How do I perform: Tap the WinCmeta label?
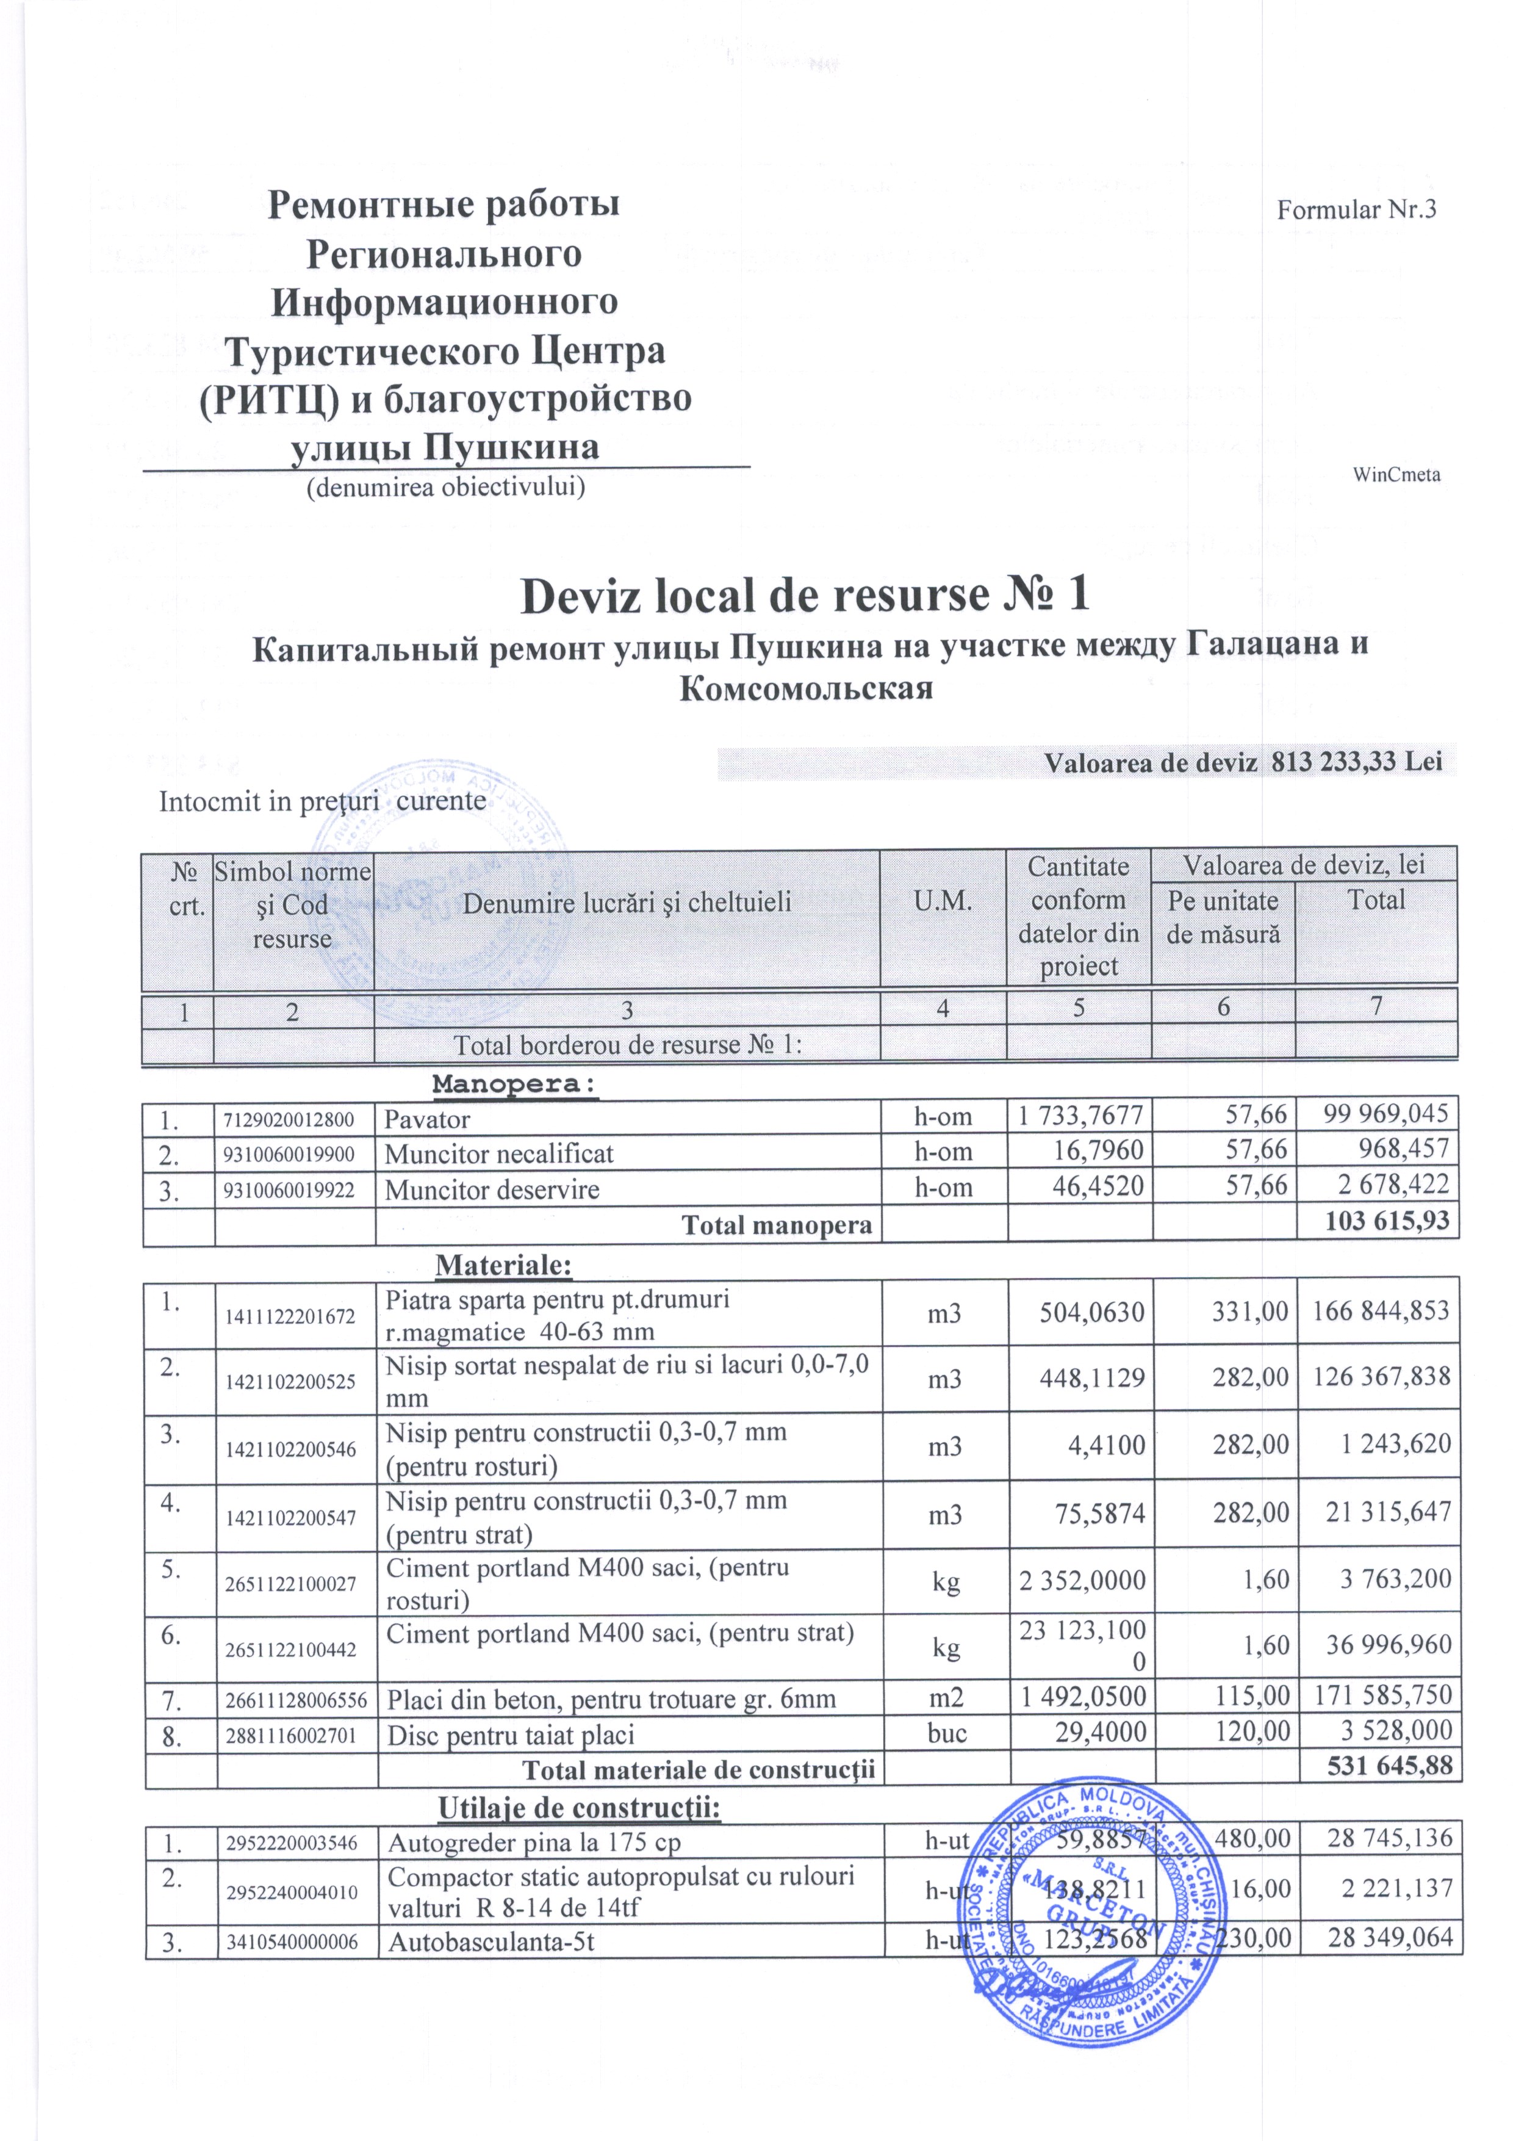(x=1395, y=475)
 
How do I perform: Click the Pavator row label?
(x=427, y=1119)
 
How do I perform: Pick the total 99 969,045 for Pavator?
(x=1386, y=1113)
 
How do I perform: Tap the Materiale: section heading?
(x=503, y=1265)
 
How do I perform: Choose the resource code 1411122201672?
(x=290, y=1316)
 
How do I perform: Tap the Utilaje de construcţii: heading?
(x=579, y=1808)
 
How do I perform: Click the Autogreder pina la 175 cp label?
(x=534, y=1844)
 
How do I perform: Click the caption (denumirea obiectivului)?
(x=445, y=487)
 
